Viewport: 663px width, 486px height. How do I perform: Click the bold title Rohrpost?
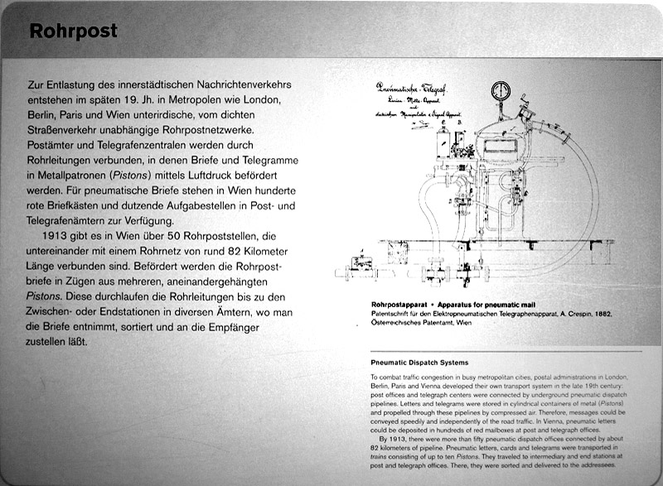[74, 31]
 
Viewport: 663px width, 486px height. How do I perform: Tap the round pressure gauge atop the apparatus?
[500, 90]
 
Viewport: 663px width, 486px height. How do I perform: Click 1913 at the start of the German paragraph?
[59, 238]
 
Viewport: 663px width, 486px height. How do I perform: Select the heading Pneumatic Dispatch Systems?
[419, 362]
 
